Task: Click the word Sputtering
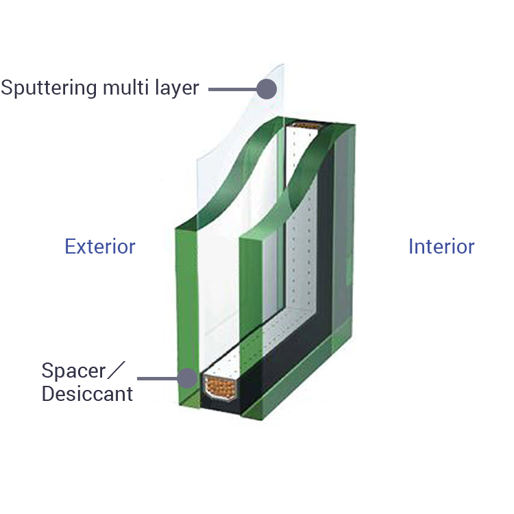point(49,88)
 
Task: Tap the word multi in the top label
point(126,87)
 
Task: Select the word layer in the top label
point(177,88)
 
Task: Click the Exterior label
point(100,247)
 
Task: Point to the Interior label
point(441,247)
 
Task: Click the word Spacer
point(73,371)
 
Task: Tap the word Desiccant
point(87,393)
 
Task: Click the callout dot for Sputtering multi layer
point(267,89)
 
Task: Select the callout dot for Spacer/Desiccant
point(188,378)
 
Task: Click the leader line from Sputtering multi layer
point(233,89)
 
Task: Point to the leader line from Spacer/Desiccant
point(158,378)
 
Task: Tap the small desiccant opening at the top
point(306,125)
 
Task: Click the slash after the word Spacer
point(116,370)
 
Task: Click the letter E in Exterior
point(70,247)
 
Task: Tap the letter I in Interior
point(411,247)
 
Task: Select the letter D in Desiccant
point(48,393)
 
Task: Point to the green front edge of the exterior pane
point(188,315)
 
